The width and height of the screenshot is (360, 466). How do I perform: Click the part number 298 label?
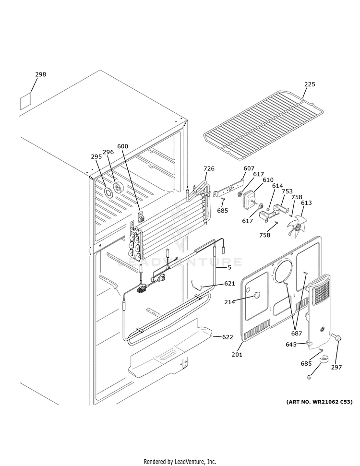pyautogui.click(x=41, y=74)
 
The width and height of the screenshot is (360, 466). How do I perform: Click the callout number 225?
pyautogui.click(x=310, y=84)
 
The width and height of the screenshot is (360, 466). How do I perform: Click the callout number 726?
pyautogui.click(x=209, y=168)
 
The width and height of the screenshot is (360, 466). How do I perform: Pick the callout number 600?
pyautogui.click(x=122, y=146)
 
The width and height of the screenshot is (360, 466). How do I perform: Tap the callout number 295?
pyautogui.click(x=97, y=156)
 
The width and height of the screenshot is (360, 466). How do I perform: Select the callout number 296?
pyautogui.click(x=108, y=152)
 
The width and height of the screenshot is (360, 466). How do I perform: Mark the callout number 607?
pyautogui.click(x=249, y=168)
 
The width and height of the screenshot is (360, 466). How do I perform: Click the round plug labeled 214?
pyautogui.click(x=256, y=296)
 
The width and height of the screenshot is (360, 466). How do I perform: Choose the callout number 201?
pyautogui.click(x=237, y=355)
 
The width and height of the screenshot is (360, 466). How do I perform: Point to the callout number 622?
pyautogui.click(x=227, y=337)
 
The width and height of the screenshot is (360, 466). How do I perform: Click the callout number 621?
pyautogui.click(x=230, y=284)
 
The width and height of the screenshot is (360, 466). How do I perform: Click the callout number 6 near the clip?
pyautogui.click(x=309, y=378)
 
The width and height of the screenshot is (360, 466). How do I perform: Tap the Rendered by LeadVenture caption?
pyautogui.click(x=180, y=461)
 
